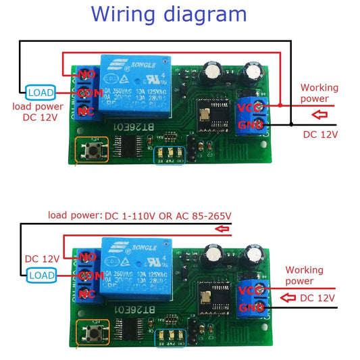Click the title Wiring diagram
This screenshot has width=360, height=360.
coord(168,14)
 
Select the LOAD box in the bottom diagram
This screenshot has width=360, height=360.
coord(42,274)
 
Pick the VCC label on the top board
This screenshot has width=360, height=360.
coord(247,105)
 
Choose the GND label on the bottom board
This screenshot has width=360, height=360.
coord(247,307)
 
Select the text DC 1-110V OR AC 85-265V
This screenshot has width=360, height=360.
coord(168,215)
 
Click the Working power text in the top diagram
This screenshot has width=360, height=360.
coord(319,93)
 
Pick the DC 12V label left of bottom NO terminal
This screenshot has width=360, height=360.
coord(42,258)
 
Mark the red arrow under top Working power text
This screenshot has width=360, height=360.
coord(316,111)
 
